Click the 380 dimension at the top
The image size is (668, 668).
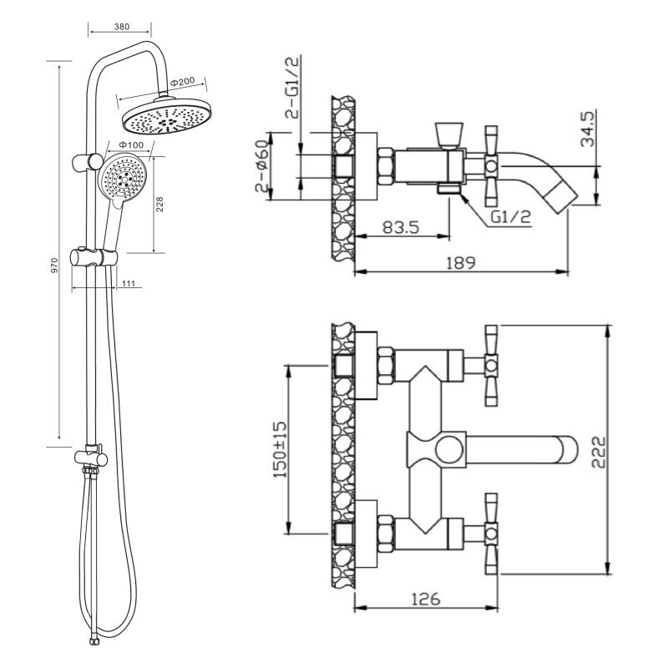pos(122,27)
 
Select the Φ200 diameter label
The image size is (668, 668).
pos(182,81)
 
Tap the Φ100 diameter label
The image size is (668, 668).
pos(131,144)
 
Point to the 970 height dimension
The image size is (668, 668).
pos(54,265)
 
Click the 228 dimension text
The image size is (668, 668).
pos(159,204)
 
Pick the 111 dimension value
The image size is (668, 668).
pos(129,283)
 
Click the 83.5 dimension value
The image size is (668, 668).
pos(401,226)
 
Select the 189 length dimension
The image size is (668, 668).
pos(461,262)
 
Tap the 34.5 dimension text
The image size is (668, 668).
pos(588,128)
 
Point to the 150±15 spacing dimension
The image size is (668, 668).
pos(280,449)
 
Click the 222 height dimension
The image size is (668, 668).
pos(599,452)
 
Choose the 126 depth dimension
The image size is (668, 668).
pos(426,599)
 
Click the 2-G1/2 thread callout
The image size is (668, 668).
pos(292,87)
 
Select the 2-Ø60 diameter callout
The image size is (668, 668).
pos(262,165)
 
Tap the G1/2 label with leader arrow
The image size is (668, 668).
pos(511,217)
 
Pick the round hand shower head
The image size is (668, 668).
pos(122,178)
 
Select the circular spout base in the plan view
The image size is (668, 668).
pos(448,450)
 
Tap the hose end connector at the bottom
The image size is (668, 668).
pos(92,640)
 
